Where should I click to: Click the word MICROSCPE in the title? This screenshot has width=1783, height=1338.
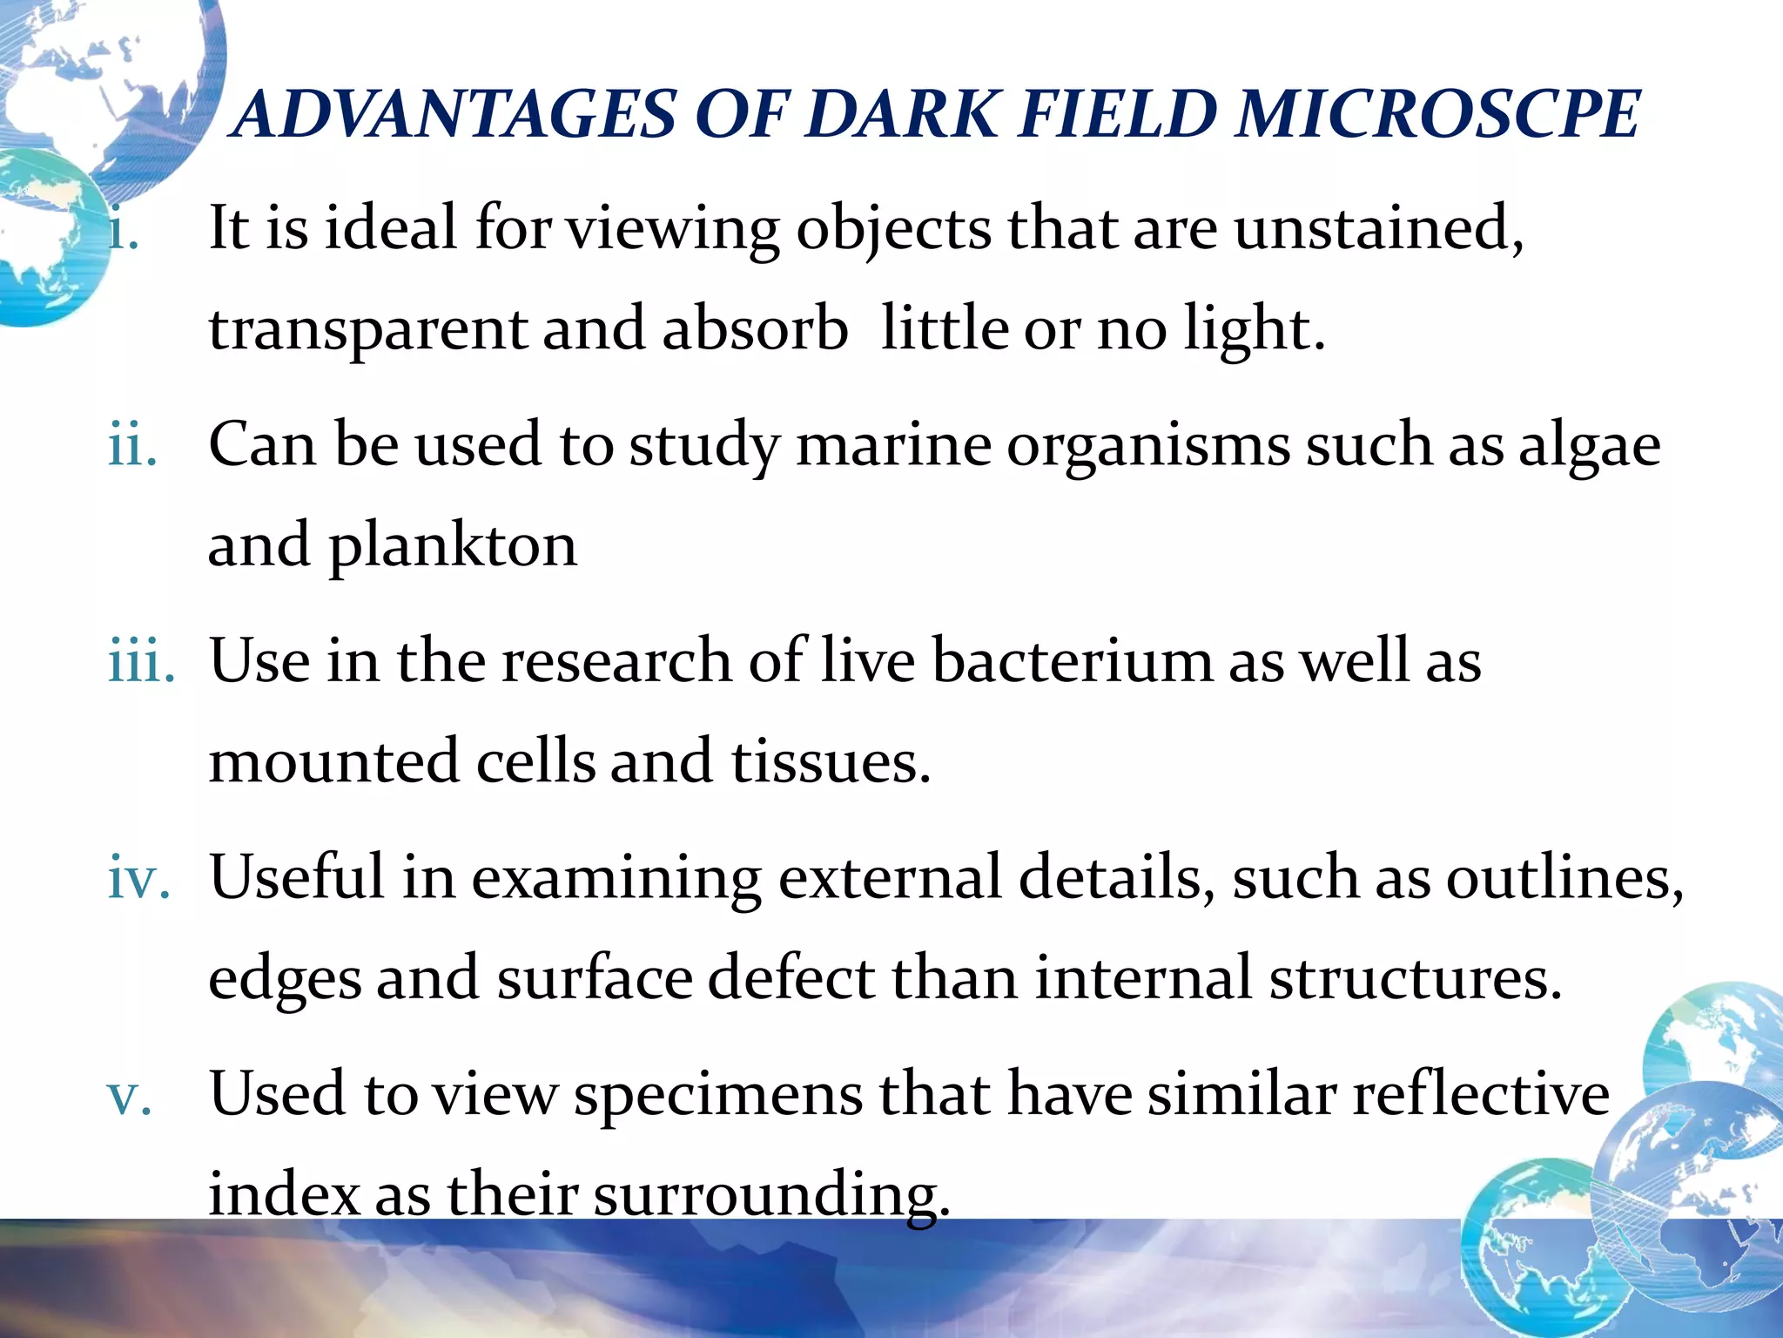point(1437,115)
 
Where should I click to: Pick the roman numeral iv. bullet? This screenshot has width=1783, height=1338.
point(138,878)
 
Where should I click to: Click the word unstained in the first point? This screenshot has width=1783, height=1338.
point(1377,228)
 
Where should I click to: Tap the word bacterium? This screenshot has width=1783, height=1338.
point(1072,660)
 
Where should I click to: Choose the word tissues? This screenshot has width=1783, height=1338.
point(831,761)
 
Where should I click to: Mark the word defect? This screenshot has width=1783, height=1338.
point(791,977)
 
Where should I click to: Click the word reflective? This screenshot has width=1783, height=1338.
point(1481,1094)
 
